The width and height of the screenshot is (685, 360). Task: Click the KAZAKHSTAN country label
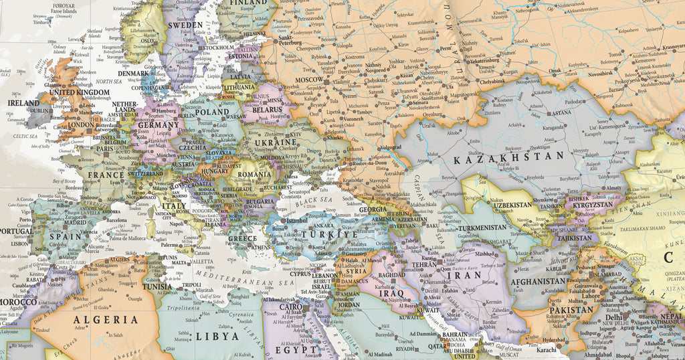point(509,158)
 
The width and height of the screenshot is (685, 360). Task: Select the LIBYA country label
point(216,335)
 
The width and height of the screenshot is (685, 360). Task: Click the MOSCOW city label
point(309,80)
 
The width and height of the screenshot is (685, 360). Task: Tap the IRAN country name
point(464,274)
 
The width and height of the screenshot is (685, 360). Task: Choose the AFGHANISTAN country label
point(543,282)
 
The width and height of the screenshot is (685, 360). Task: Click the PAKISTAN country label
point(571,310)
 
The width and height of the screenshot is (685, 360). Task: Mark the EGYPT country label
point(295,349)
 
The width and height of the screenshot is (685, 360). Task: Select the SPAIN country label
point(65,236)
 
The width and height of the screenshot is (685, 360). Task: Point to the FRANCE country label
point(107,175)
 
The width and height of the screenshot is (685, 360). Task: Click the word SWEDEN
point(185,25)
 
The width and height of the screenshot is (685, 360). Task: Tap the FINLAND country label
point(249,3)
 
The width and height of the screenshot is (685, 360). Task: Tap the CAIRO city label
point(290,306)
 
